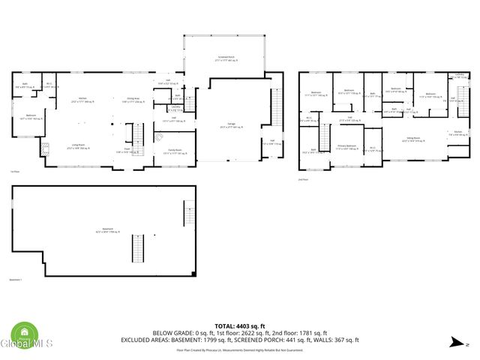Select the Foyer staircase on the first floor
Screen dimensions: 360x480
click(138, 136)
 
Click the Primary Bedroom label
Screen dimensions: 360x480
click(346, 147)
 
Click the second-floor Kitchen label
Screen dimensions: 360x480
click(457, 133)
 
